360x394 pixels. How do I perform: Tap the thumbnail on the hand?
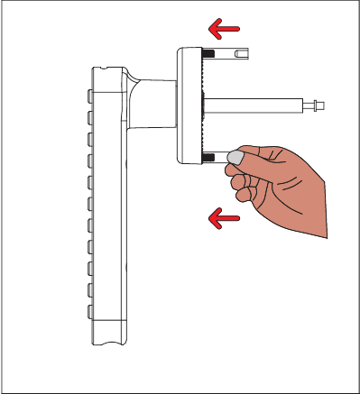coord(235,158)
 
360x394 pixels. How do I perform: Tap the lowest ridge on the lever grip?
coord(89,311)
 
